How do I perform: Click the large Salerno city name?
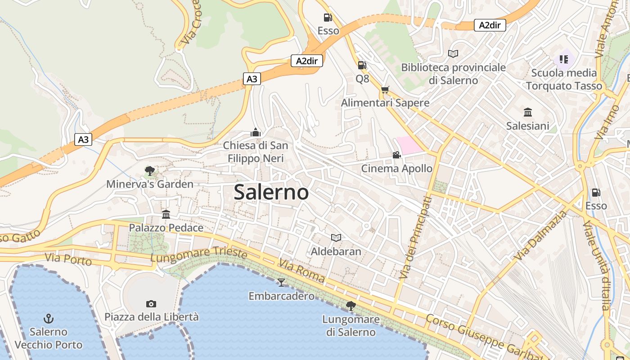coord(271,192)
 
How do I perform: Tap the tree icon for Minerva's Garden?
coord(150,171)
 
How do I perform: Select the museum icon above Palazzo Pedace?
coord(166,214)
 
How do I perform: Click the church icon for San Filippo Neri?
coord(256,132)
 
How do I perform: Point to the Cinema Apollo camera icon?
coord(396,155)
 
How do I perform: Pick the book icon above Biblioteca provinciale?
coord(453,54)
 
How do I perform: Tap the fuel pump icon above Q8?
coord(362,65)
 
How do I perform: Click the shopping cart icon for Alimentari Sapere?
coord(385,90)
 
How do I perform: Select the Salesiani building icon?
coord(528,112)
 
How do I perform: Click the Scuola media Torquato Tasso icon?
coord(563,59)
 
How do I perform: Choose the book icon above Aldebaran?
coord(336,238)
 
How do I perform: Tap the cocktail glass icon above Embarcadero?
coord(281,282)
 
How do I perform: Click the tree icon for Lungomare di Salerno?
coord(351,306)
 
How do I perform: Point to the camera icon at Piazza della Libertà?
coord(151,304)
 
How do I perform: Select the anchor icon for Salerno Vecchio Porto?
coord(48,319)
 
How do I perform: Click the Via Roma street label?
coord(301,270)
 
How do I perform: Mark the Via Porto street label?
coord(68,259)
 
